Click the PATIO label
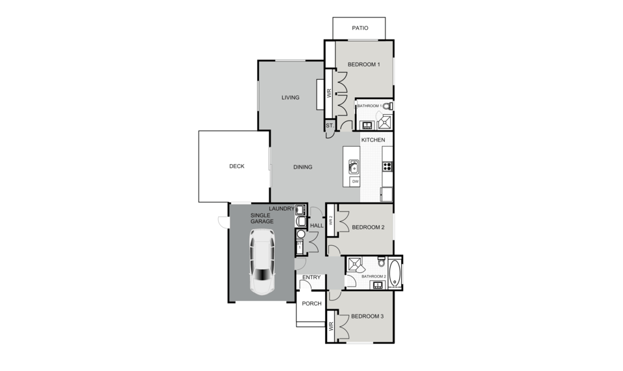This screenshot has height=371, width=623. (360, 28)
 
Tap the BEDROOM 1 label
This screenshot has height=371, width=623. (364, 64)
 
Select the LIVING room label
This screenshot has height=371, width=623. (291, 97)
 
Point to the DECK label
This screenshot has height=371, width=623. (237, 166)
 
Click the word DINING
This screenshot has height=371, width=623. (303, 167)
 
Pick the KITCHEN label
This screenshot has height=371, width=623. (373, 140)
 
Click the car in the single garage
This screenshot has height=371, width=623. (262, 262)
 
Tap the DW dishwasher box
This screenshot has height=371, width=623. (355, 182)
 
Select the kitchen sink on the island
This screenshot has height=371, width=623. (354, 167)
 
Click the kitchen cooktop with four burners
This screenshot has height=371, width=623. (387, 167)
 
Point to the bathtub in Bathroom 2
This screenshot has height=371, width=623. (395, 273)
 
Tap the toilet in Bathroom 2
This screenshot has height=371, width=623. (382, 261)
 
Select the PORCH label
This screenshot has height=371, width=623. (311, 304)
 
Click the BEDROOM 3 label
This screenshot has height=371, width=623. (367, 317)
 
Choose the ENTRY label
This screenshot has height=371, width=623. (311, 277)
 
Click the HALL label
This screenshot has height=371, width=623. (317, 226)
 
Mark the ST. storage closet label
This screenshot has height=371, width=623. (330, 126)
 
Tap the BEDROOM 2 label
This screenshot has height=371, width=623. (369, 227)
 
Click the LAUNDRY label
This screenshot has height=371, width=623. (282, 209)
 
